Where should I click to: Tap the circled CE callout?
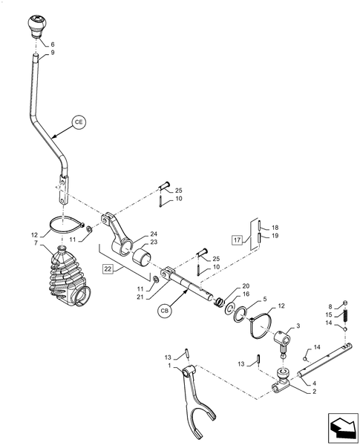80,121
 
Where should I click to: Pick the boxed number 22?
108,268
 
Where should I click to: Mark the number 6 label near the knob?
52,44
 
